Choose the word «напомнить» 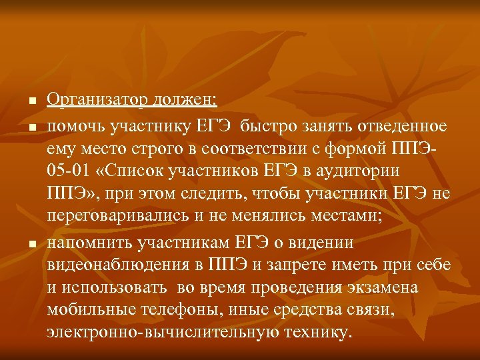coord(91,242)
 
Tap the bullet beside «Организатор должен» coord(31,102)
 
